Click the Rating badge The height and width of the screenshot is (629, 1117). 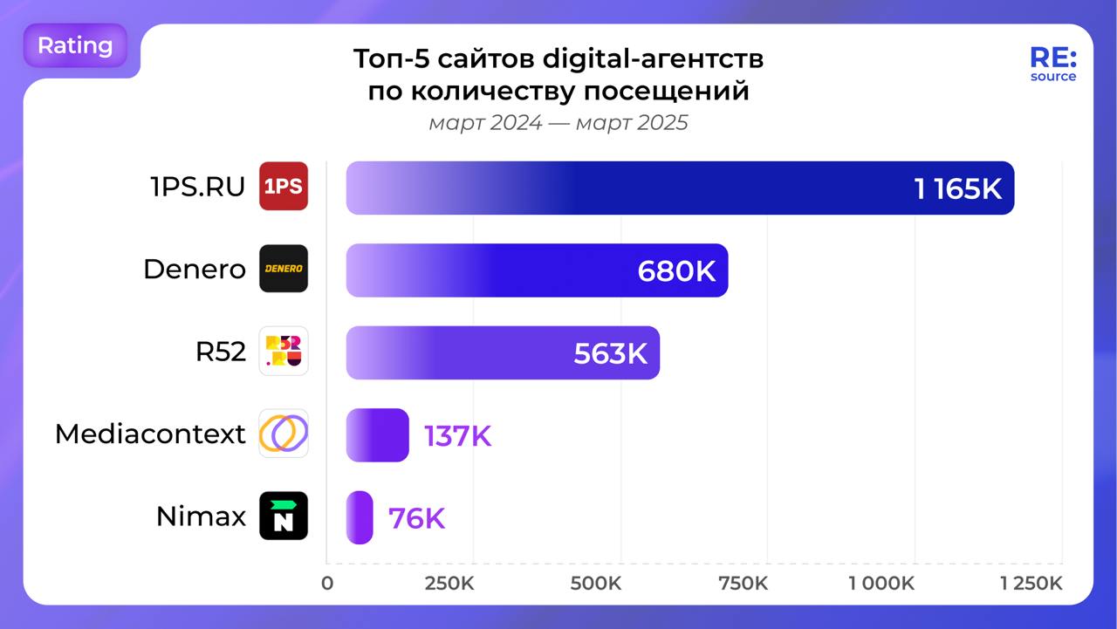click(75, 45)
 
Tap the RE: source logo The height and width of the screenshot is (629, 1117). click(1053, 64)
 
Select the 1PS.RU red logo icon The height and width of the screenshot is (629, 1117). click(284, 187)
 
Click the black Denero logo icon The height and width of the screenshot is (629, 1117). click(284, 269)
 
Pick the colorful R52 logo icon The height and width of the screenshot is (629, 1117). click(284, 352)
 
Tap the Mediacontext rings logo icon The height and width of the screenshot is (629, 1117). click(284, 434)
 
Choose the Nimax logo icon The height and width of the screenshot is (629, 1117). click(284, 516)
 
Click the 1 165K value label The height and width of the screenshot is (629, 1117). click(957, 188)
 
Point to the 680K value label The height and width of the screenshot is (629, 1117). click(676, 271)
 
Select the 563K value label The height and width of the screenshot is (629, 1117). click(610, 353)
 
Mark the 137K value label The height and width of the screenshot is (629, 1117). click(457, 436)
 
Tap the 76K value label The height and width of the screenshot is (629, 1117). click(416, 518)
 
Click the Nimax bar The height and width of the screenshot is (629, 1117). click(360, 517)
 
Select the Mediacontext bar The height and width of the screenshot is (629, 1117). click(377, 435)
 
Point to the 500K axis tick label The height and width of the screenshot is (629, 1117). click(596, 584)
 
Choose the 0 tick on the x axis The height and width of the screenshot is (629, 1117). click(327, 584)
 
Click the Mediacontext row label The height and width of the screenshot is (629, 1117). click(150, 434)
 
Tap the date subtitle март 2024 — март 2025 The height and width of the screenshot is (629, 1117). click(558, 123)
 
